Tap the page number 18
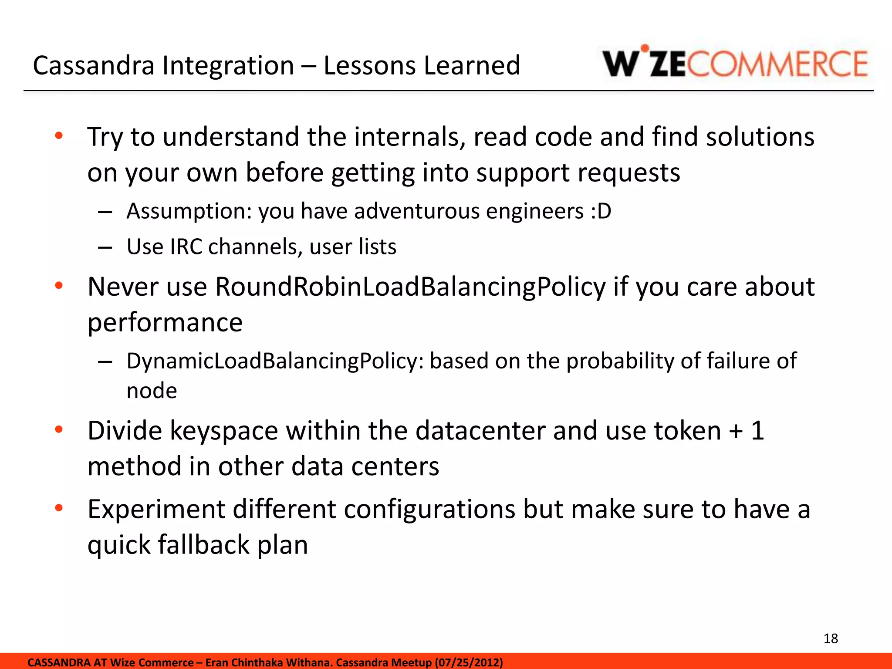click(831, 639)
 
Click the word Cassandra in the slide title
click(94, 65)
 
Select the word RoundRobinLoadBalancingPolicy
click(410, 287)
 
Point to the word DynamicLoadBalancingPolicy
click(274, 361)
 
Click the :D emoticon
click(601, 211)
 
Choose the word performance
click(165, 322)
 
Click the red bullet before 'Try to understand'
click(59, 136)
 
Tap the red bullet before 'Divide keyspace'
click(59, 430)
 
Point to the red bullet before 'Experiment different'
click(59, 508)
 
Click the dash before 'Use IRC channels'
click(105, 248)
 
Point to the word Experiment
click(156, 509)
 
